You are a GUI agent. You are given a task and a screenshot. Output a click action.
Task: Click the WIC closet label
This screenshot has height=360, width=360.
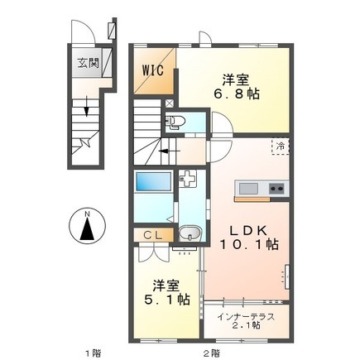point(153,70)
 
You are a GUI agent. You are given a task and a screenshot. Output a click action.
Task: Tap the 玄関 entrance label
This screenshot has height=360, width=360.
point(88,64)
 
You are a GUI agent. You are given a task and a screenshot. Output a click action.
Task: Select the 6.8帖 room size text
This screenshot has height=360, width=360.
point(237,94)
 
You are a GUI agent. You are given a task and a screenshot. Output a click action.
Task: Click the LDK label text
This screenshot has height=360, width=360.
point(248,231)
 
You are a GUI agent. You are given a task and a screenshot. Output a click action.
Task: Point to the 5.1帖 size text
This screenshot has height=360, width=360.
point(167,299)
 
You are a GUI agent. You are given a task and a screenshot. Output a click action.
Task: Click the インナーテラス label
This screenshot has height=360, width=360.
point(246,316)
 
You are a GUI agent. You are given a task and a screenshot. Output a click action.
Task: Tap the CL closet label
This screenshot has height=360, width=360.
point(152,235)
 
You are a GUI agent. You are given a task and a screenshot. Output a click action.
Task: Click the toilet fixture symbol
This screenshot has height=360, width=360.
point(175,122)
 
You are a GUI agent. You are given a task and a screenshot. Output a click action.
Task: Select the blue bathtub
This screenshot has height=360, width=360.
point(153,181)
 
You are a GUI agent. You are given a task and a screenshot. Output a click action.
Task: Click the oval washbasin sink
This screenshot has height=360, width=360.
point(190,233)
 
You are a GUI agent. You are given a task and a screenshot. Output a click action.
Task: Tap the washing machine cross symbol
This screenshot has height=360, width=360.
point(187,178)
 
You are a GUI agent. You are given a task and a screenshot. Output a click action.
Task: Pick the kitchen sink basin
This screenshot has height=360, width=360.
point(248,189)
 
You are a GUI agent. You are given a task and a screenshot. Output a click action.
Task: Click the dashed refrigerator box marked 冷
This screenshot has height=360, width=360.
point(281,146)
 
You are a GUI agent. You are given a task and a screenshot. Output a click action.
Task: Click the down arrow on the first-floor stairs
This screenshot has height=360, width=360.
point(87,106)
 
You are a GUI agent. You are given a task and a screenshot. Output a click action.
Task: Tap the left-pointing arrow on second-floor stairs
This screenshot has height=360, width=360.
point(170,151)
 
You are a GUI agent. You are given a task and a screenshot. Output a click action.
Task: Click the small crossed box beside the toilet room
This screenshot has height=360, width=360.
point(170,103)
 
